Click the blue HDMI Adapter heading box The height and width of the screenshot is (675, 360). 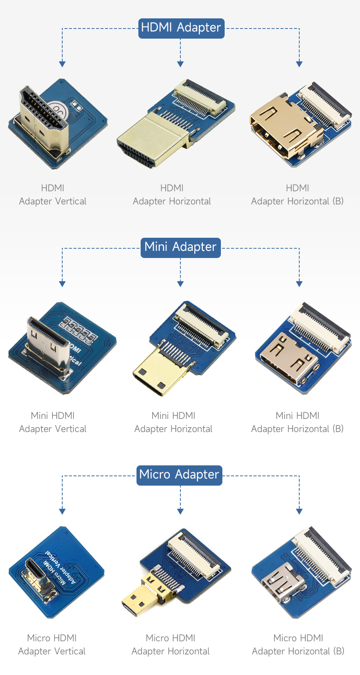pos(181,28)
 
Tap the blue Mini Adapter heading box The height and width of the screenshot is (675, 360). pos(180,247)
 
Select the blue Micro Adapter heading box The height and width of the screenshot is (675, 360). pos(179,475)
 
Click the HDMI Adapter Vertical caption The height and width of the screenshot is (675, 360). pos(52,195)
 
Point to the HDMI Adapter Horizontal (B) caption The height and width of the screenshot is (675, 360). pos(297,195)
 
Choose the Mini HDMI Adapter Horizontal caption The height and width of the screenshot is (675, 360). pos(173,422)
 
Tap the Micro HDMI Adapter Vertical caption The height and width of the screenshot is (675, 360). pos(52,645)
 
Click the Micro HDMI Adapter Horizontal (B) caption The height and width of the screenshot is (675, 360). pos(298,645)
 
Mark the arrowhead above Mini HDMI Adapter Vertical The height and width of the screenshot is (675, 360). pos(62,284)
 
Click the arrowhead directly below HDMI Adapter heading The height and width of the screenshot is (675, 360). pos(180,64)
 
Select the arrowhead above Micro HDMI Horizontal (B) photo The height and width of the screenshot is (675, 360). pos(299,511)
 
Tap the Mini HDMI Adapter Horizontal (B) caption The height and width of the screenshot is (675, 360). pos(297,422)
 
